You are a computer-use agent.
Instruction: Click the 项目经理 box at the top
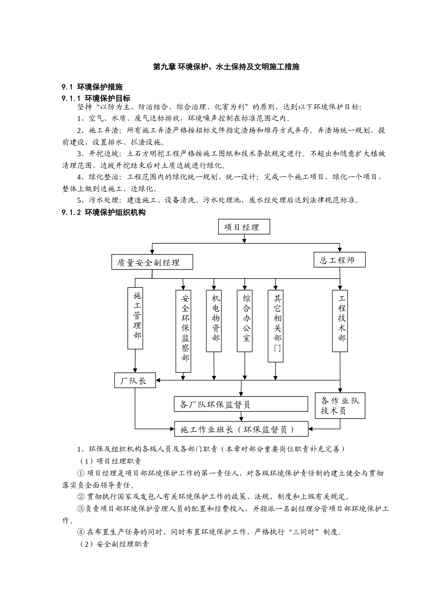click(x=244, y=227)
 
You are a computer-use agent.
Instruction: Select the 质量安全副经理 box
click(x=152, y=262)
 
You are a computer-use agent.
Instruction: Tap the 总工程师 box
click(x=339, y=260)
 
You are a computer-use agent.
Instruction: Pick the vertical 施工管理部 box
click(x=136, y=318)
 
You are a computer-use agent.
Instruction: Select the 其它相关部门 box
click(x=276, y=326)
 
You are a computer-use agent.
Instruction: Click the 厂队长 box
click(x=135, y=380)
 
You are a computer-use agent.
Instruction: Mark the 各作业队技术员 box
click(x=340, y=406)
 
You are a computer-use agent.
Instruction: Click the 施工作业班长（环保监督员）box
click(x=241, y=429)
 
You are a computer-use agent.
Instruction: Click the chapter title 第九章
click(x=226, y=67)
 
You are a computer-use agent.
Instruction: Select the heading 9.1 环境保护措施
click(x=92, y=87)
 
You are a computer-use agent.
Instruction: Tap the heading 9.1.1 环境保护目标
click(x=96, y=98)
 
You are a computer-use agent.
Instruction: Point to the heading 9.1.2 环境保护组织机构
click(x=104, y=212)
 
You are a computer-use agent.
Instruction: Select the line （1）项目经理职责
click(x=109, y=461)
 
